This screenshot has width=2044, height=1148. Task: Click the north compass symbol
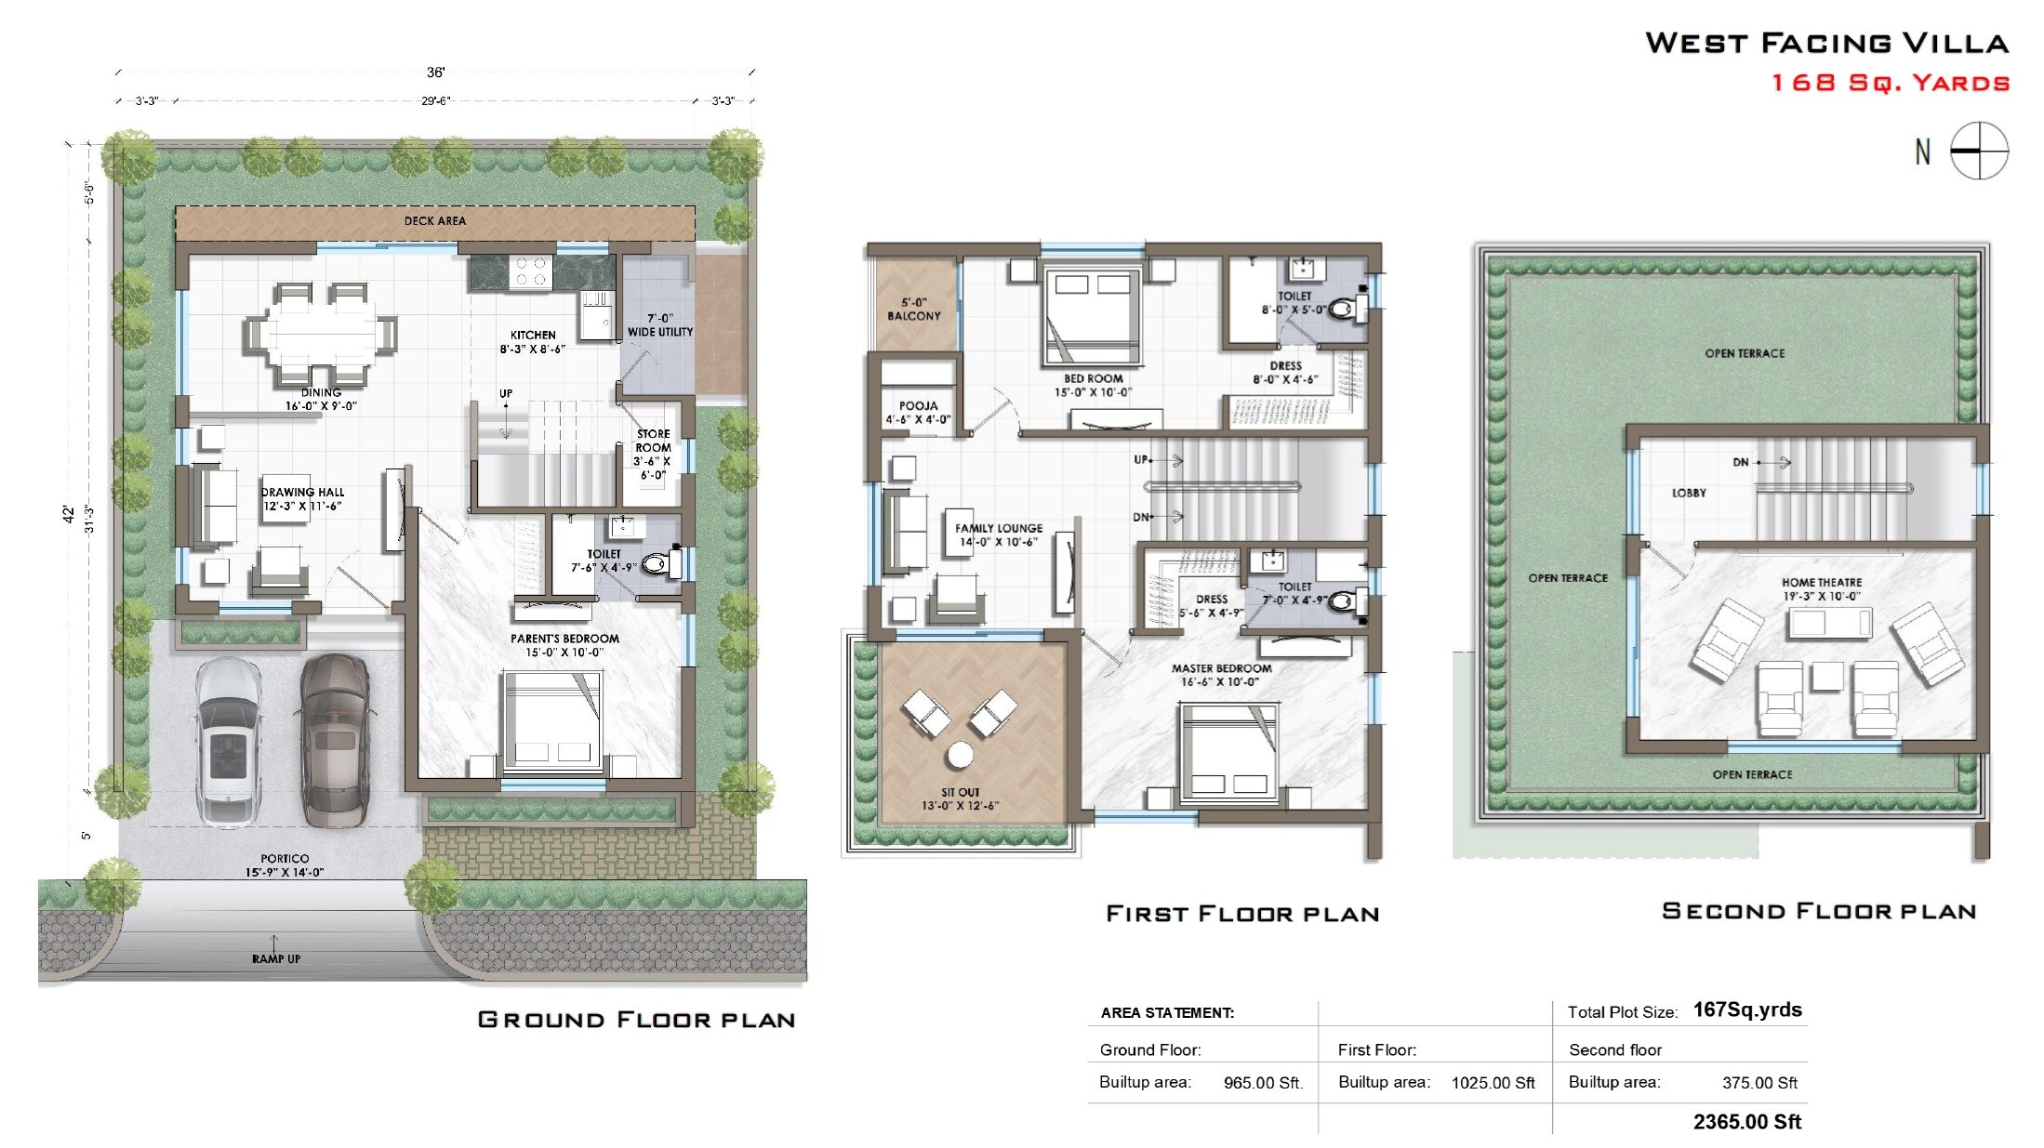pyautogui.click(x=1978, y=151)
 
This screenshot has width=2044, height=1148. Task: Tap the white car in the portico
pyautogui.click(x=227, y=741)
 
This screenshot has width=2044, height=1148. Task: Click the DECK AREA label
pyautogui.click(x=435, y=221)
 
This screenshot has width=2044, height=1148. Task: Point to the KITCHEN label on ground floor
pyautogui.click(x=533, y=336)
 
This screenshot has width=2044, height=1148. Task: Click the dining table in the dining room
pyautogui.click(x=321, y=333)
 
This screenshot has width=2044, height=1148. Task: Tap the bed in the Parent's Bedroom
pyautogui.click(x=552, y=720)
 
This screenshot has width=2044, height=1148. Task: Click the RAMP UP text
pyautogui.click(x=276, y=958)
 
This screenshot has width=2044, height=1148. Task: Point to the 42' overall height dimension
pyautogui.click(x=68, y=513)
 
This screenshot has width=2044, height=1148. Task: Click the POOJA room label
pyautogui.click(x=918, y=406)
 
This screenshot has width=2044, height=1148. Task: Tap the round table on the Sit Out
pyautogui.click(x=960, y=754)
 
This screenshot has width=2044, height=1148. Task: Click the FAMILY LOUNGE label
pyautogui.click(x=999, y=528)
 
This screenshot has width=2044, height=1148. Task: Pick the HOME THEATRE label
pyautogui.click(x=1821, y=583)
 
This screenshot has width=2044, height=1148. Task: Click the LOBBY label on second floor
pyautogui.click(x=1689, y=493)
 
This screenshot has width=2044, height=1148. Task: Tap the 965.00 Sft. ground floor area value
pyautogui.click(x=1263, y=1083)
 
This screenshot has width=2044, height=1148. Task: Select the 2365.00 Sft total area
pyautogui.click(x=1746, y=1122)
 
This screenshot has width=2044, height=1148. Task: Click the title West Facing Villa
pyautogui.click(x=1826, y=43)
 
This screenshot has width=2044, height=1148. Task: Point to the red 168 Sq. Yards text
pyautogui.click(x=1890, y=83)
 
